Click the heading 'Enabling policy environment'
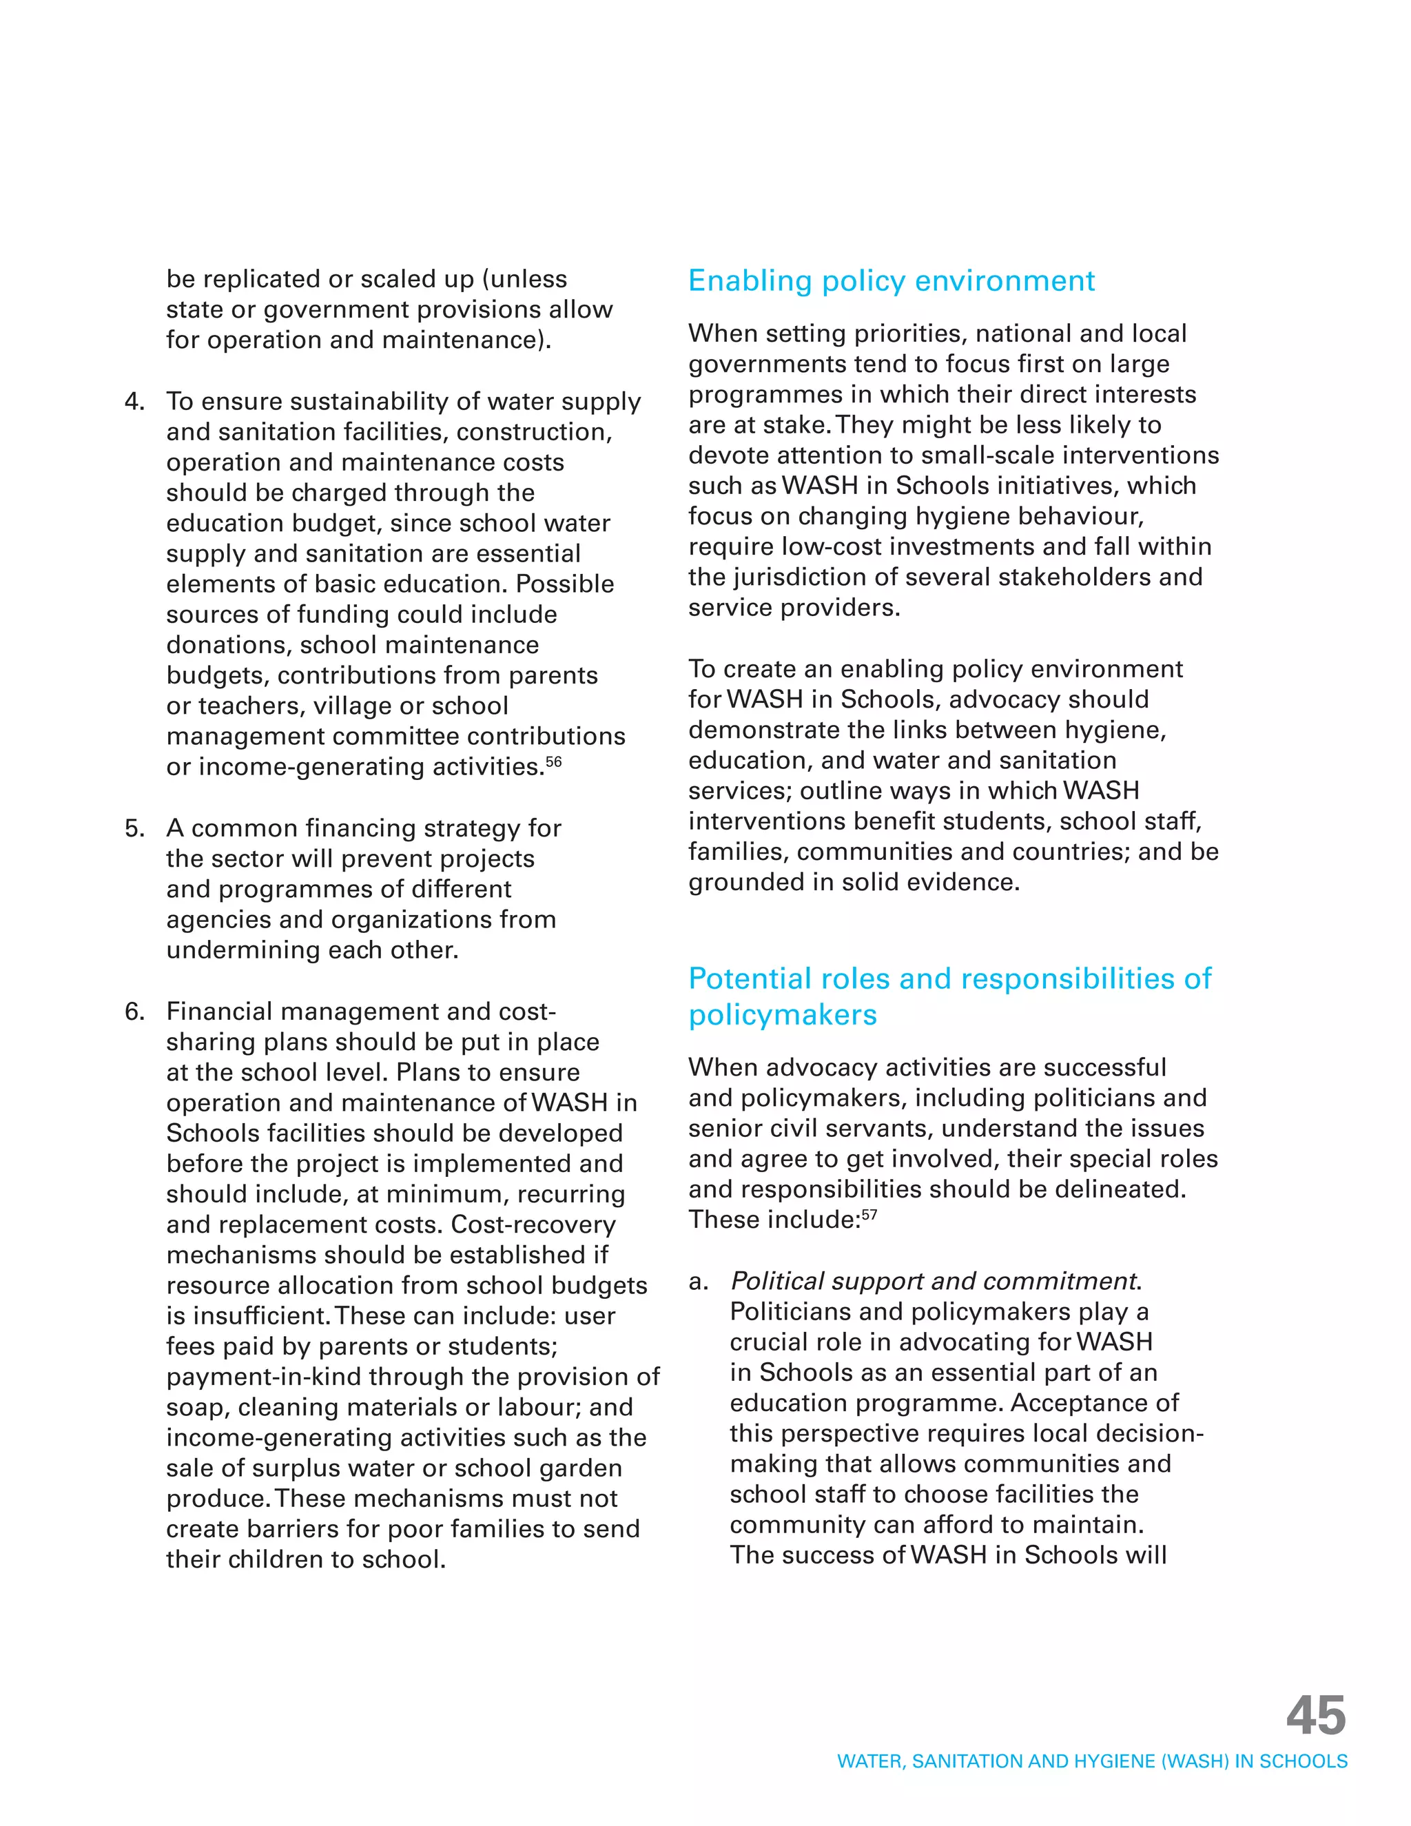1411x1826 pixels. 891,281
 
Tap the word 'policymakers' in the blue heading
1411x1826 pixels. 783,1015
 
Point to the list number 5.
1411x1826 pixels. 134,828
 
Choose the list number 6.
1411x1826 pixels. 134,1012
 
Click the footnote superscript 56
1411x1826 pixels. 553,761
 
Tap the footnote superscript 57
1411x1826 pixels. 869,1215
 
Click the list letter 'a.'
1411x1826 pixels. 698,1282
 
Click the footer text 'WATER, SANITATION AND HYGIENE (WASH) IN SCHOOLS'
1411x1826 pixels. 1092,1762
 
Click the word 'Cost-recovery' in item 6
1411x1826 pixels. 533,1225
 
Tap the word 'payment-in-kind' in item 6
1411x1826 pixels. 263,1377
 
